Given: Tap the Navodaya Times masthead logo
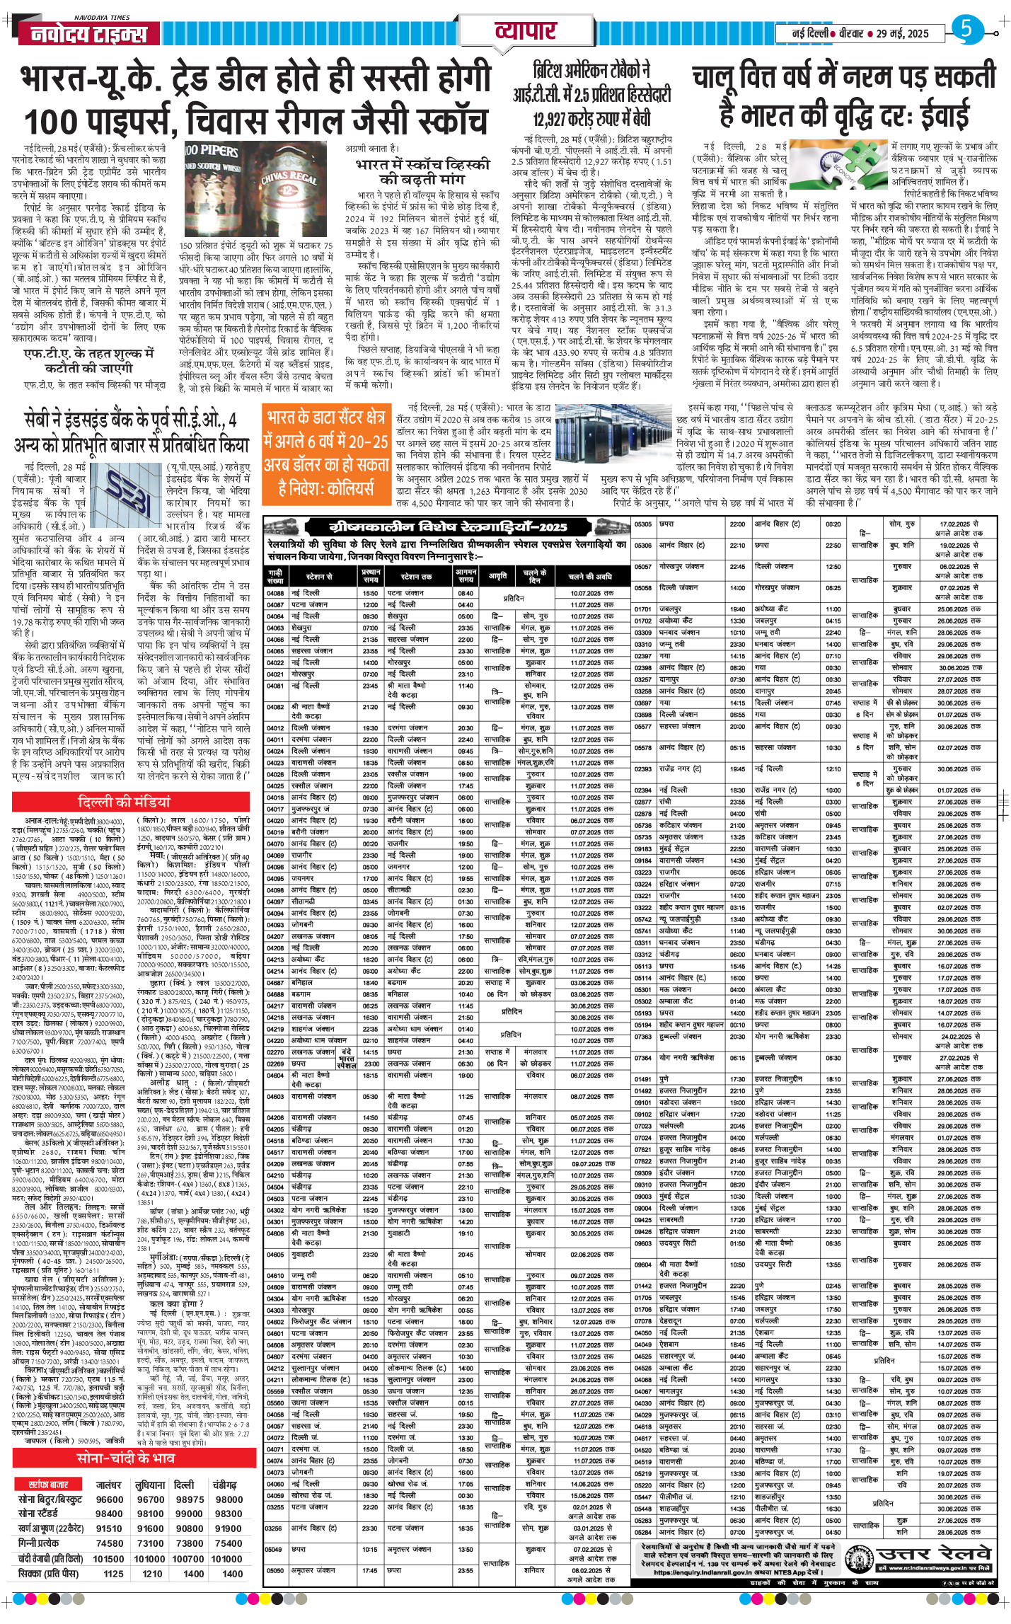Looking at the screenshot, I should [x=83, y=34].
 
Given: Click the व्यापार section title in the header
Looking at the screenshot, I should [x=525, y=31].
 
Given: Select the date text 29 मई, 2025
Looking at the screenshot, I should [x=902, y=33].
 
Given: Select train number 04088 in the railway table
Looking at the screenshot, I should [x=275, y=593].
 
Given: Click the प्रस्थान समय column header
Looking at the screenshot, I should [x=371, y=575].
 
